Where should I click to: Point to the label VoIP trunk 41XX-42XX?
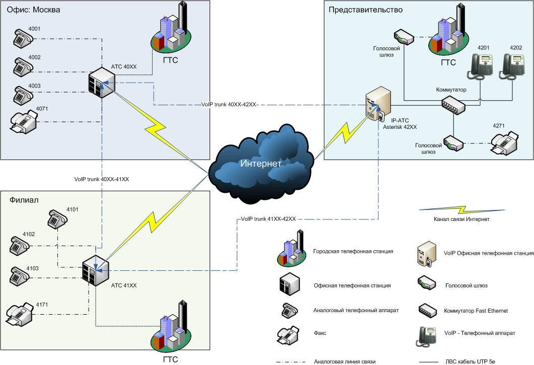(268, 219)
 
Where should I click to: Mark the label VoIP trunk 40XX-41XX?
(101, 179)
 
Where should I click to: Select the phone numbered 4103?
(21, 275)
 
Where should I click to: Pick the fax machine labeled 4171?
(21, 314)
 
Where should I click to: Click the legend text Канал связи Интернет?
(461, 219)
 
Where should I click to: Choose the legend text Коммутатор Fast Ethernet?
(476, 311)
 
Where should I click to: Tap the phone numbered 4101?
(57, 220)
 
